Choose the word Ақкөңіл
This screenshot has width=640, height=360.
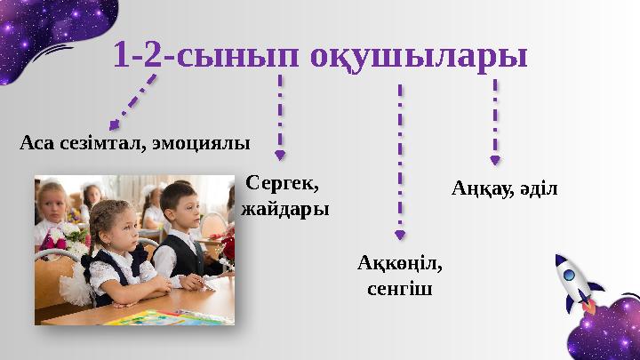tap(399, 264)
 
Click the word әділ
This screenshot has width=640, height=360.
tap(534, 188)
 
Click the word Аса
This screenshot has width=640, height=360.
tap(36, 142)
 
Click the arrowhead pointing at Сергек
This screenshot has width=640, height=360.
tap(281, 156)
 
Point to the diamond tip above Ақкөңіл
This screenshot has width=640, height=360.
tap(400, 235)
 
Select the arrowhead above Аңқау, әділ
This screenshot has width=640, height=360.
tap(495, 160)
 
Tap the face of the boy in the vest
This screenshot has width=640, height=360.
tap(181, 208)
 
